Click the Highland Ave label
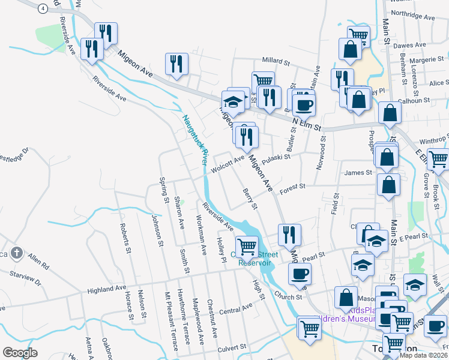tap(106, 290)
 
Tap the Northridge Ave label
tap(412, 18)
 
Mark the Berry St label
tap(250, 199)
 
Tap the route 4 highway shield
tap(42, 8)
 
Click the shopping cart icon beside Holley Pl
tap(247, 246)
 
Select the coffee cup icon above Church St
tap(300, 274)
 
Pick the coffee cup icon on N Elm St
tap(303, 104)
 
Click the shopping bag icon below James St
tap(388, 186)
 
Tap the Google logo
tap(20, 352)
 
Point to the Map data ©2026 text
tap(423, 355)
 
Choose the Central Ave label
tap(235, 310)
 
